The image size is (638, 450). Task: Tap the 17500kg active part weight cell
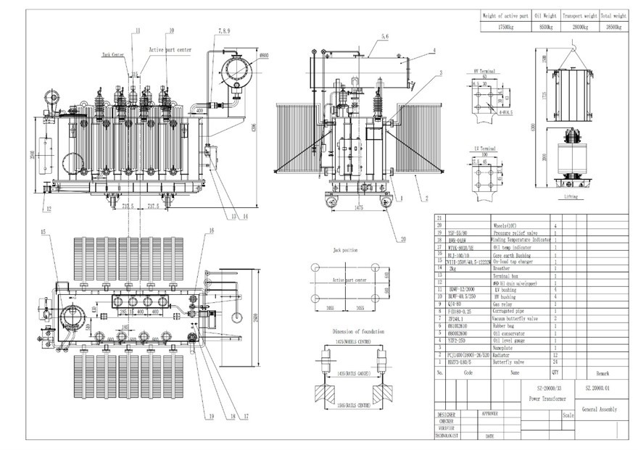pyautogui.click(x=506, y=27)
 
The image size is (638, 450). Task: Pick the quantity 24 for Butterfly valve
pyautogui.click(x=555, y=360)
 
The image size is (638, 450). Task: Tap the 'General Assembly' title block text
pyautogui.click(x=599, y=409)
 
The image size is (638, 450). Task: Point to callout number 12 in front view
pyautogui.click(x=48, y=209)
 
